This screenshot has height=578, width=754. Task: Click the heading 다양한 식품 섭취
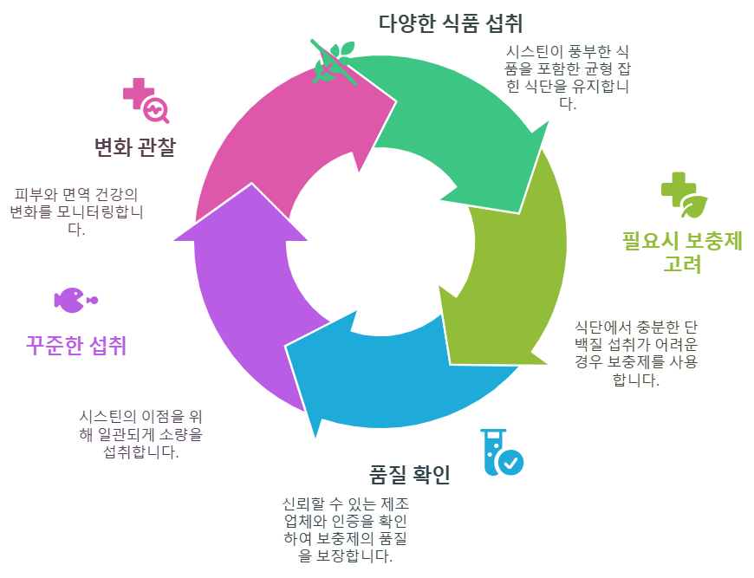(x=451, y=22)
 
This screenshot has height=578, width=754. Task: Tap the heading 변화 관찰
(x=134, y=147)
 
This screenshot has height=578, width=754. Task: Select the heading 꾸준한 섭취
(x=76, y=346)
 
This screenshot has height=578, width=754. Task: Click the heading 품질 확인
(x=410, y=475)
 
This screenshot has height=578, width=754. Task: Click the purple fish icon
(x=75, y=301)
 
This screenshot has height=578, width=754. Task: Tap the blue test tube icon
(x=501, y=452)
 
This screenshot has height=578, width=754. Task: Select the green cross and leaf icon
(x=684, y=195)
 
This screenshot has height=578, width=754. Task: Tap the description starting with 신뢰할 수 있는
(x=345, y=529)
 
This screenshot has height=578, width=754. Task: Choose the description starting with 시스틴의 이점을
(x=140, y=433)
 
